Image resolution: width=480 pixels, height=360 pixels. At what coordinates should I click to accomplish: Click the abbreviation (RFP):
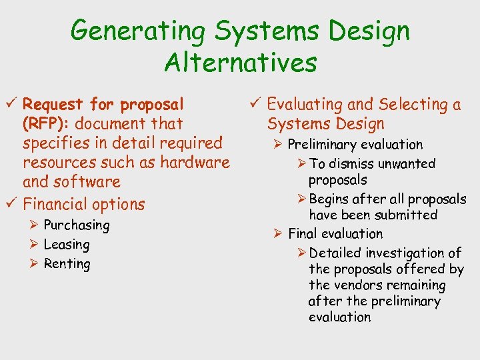[43, 124]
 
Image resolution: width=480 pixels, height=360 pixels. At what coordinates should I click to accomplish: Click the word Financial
[55, 204]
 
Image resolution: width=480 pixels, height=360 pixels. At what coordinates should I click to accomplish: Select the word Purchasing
[76, 225]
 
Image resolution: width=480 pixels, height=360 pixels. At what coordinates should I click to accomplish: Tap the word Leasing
[66, 245]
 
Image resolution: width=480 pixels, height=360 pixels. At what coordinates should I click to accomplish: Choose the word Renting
[67, 264]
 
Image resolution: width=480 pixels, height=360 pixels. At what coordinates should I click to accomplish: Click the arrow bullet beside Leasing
[34, 245]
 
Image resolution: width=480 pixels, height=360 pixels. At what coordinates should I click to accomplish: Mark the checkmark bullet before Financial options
[11, 204]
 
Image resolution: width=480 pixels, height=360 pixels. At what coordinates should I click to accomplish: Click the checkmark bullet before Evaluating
[255, 104]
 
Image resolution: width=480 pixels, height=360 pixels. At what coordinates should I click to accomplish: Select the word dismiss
[350, 164]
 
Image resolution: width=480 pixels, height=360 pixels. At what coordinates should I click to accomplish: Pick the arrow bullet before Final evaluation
[279, 234]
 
